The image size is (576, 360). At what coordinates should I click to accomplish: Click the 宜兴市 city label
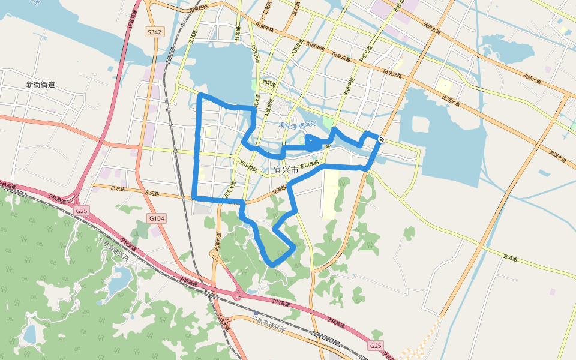click(286, 170)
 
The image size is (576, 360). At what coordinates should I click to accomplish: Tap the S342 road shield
click(154, 31)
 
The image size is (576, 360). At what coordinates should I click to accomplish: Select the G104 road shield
click(156, 218)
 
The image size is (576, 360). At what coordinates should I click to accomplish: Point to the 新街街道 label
click(41, 85)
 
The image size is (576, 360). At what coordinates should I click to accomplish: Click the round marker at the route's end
click(381, 140)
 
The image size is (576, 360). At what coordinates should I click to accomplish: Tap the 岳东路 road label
click(118, 188)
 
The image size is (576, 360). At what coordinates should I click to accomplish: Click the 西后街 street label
click(268, 83)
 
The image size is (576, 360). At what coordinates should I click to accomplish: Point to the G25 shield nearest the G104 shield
click(82, 211)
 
